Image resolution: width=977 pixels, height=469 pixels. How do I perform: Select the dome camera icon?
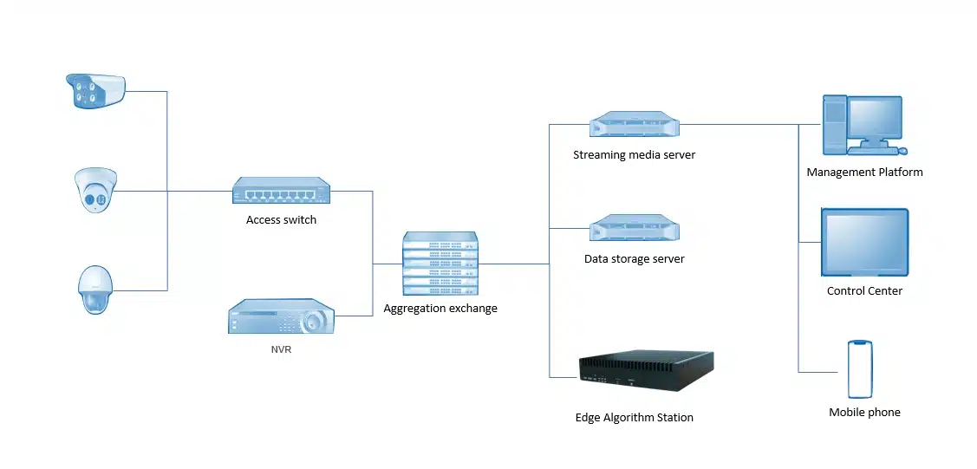click(x=94, y=191)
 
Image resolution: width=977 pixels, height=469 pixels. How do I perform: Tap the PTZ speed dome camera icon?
click(x=94, y=290)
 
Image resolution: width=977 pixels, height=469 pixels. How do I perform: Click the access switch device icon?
click(x=282, y=191)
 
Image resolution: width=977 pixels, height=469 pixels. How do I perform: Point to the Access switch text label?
click(x=281, y=220)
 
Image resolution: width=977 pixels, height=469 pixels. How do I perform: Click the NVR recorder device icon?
click(x=281, y=318)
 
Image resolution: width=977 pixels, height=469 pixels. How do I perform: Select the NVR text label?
click(x=281, y=350)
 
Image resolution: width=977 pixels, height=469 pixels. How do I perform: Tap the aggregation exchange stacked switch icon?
click(x=440, y=264)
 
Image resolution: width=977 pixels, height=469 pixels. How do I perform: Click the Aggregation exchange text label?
click(x=440, y=309)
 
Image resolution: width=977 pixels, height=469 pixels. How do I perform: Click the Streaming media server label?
click(x=634, y=156)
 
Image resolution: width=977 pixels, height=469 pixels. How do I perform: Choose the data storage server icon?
click(x=634, y=229)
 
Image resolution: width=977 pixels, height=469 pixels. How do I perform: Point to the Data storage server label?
click(x=634, y=259)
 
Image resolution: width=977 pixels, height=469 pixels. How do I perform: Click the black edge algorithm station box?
click(x=646, y=367)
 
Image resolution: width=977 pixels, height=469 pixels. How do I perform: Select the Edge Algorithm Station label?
click(x=634, y=418)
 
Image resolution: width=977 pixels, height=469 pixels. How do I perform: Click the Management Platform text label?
click(x=864, y=173)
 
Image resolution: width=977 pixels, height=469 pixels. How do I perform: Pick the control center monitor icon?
click(x=864, y=242)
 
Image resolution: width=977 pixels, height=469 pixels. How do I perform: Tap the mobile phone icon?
click(x=859, y=369)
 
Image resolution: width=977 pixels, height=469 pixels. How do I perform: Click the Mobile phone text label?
click(x=864, y=413)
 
